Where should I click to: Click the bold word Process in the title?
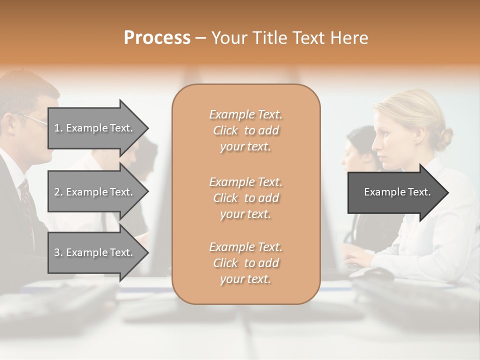(x=157, y=38)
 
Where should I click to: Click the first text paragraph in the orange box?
(x=245, y=130)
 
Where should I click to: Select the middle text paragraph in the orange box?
(x=245, y=197)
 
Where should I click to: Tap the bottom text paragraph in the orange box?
(x=245, y=263)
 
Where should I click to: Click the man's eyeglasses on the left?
(x=34, y=119)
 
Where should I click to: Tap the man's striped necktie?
(x=26, y=200)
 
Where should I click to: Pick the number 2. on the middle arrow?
(x=58, y=192)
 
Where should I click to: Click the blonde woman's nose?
(x=373, y=146)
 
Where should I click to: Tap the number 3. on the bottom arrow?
(x=58, y=252)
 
